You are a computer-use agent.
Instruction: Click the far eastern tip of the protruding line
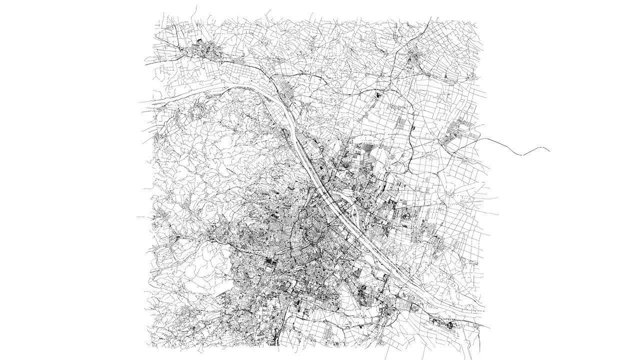click(x=549, y=149)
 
